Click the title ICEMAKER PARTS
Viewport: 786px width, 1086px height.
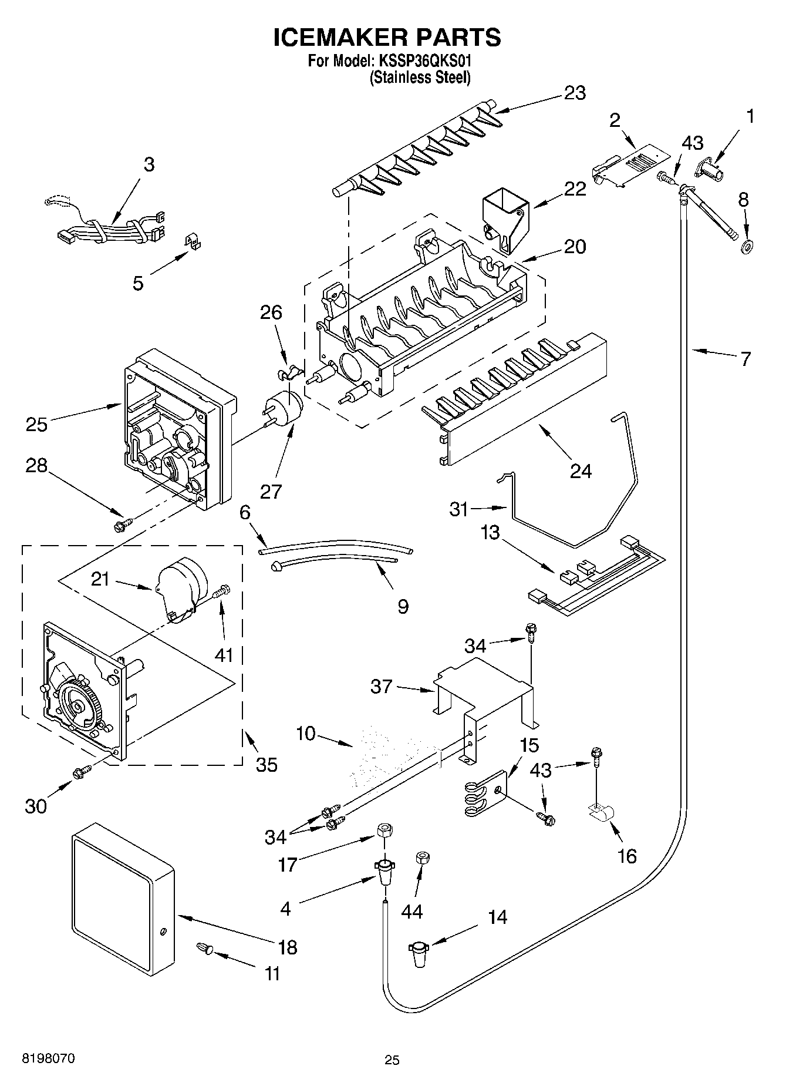(387, 37)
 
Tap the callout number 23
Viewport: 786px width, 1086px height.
(575, 93)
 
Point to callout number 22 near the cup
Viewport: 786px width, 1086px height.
(575, 189)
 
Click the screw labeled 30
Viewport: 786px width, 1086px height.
(82, 772)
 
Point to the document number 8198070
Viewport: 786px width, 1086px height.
(49, 1059)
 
